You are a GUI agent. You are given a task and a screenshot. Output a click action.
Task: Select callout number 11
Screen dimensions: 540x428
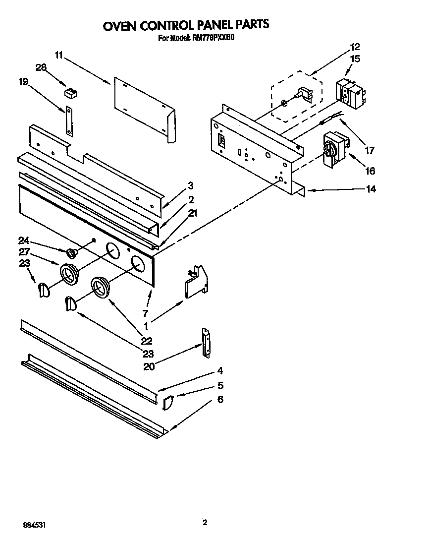59,55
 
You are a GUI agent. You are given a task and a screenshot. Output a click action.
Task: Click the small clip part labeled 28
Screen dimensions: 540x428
72,92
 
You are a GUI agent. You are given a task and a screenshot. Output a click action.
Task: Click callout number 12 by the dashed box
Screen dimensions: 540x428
354,47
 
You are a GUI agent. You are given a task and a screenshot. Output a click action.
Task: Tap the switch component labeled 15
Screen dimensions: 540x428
350,94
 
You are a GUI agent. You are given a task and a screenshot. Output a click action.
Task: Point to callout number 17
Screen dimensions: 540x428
370,150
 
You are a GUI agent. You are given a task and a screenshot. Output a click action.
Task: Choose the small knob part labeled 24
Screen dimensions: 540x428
72,254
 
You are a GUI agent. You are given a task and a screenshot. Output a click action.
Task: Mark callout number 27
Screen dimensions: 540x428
24,251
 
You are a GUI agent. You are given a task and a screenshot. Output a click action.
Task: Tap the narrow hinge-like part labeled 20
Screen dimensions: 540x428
205,342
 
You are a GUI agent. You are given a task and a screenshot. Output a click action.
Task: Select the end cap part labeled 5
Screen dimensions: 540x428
167,402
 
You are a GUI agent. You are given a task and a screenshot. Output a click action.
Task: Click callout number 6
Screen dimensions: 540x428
220,399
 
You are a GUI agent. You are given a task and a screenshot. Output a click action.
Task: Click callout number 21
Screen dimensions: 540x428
193,213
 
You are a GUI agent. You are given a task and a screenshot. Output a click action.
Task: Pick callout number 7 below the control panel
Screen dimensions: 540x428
146,313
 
